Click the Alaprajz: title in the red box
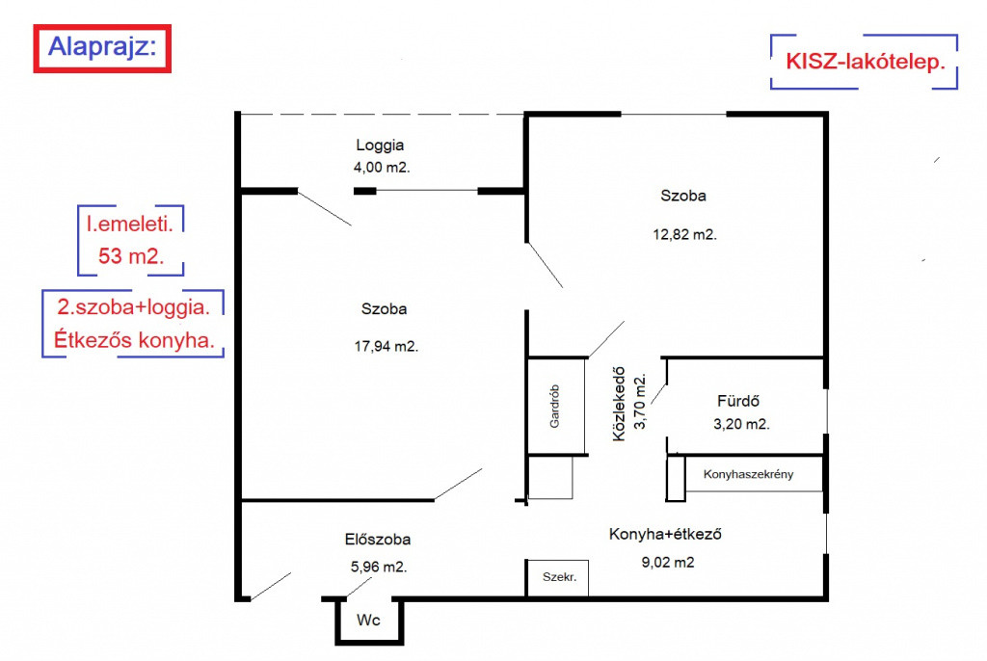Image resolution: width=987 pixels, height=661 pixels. [x=102, y=46]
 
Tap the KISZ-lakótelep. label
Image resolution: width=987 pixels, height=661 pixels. [x=866, y=62]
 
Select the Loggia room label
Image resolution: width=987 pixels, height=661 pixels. [x=380, y=145]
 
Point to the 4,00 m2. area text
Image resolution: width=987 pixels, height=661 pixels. [x=382, y=168]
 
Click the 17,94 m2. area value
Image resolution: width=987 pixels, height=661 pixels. [x=386, y=346]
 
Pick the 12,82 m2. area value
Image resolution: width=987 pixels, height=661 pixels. [x=685, y=235]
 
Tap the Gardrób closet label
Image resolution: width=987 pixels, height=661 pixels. [x=554, y=407]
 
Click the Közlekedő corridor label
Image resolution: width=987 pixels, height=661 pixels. [x=620, y=404]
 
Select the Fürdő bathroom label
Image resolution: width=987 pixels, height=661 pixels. [x=738, y=401]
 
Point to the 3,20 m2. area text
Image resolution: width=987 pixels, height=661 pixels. [x=741, y=424]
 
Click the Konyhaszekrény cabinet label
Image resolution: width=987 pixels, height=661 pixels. [x=748, y=474]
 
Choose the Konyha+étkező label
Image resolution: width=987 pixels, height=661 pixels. [x=665, y=535]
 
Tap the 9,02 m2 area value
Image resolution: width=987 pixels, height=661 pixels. [x=668, y=562]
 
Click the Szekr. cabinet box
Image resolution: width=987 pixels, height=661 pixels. [x=558, y=577]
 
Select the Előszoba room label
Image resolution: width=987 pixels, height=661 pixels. [x=378, y=540]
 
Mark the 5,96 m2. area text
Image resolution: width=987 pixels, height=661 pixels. [x=379, y=568]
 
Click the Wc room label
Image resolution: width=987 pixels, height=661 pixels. [x=368, y=621]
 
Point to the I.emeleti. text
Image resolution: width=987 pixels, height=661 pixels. [x=130, y=225]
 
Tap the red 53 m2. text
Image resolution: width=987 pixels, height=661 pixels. [x=131, y=255]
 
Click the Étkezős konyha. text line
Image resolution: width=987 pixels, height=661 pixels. [x=134, y=340]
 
